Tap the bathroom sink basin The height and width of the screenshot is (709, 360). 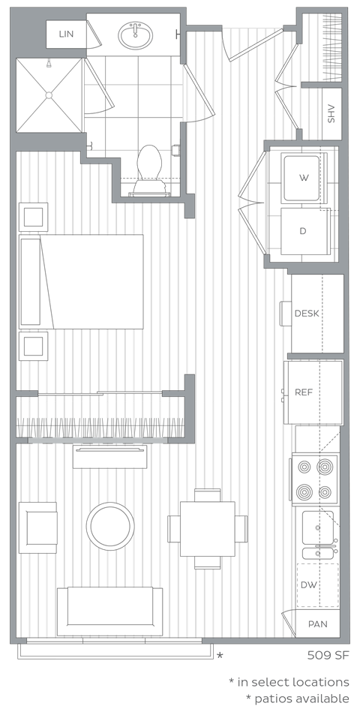(136, 34)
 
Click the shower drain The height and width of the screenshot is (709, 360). (49, 95)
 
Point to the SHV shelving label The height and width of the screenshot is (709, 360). (331, 114)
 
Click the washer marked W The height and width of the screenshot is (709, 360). (304, 178)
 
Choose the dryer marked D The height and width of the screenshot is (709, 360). (304, 230)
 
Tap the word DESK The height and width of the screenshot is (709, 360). (307, 313)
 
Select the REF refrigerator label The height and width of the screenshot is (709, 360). (304, 392)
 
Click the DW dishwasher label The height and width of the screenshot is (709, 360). (308, 584)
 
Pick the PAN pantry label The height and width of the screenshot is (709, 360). (317, 624)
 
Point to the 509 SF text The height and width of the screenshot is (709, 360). (328, 655)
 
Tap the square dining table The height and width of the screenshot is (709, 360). (208, 528)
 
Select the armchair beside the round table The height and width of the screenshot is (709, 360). (38, 527)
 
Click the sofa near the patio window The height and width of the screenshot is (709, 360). (109, 611)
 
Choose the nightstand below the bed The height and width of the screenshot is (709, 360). (34, 346)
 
